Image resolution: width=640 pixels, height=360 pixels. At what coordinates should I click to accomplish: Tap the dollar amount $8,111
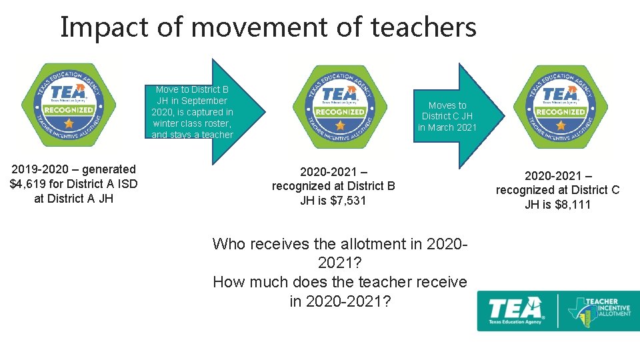click(x=573, y=205)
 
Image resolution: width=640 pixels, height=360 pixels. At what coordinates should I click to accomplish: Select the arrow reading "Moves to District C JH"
click(x=449, y=115)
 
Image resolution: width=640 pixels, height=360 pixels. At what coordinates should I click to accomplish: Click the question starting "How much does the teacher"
click(x=340, y=291)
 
